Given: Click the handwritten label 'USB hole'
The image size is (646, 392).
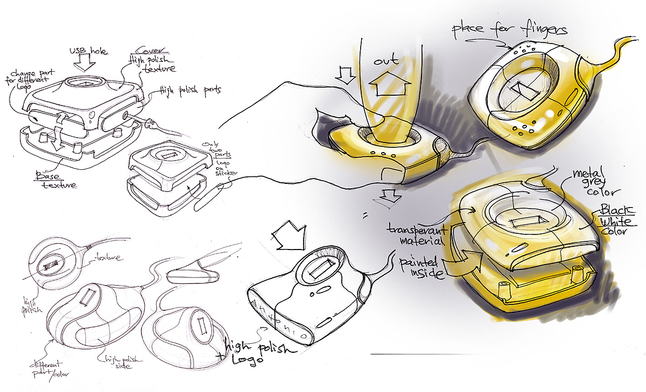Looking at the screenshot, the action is pyautogui.click(x=89, y=52).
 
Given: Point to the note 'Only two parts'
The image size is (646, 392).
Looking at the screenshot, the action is pyautogui.click(x=212, y=151).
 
